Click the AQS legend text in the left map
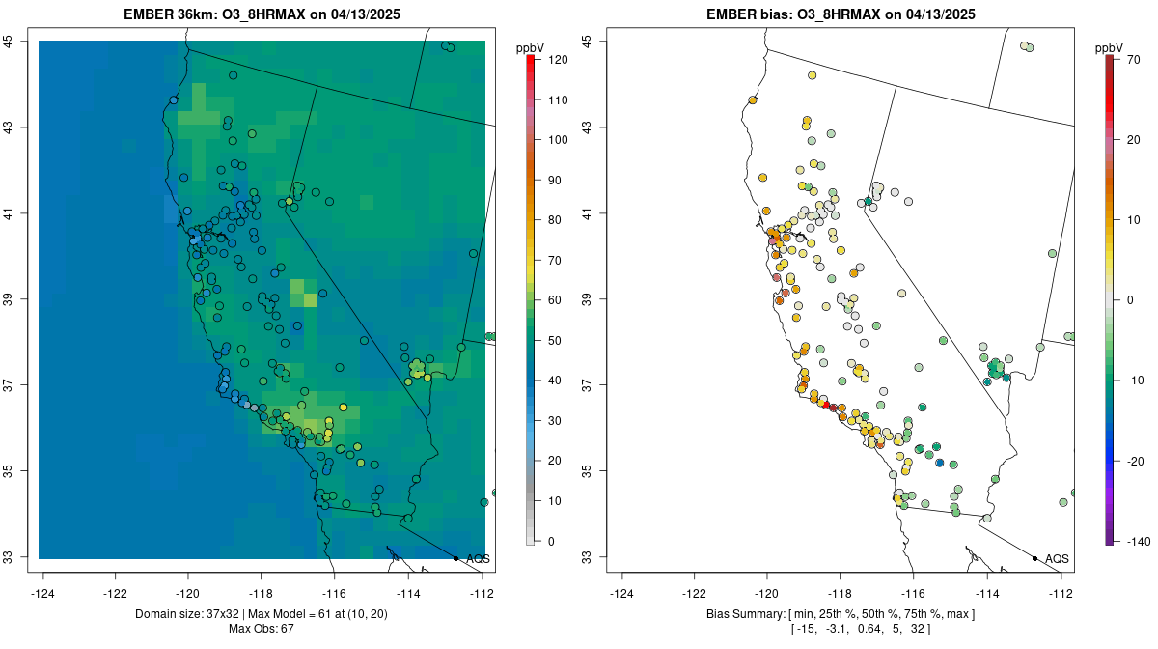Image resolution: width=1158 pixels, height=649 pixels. click(478, 558)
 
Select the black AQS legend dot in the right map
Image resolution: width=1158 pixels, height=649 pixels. click(1034, 558)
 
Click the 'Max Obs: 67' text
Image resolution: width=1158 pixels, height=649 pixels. click(262, 629)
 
